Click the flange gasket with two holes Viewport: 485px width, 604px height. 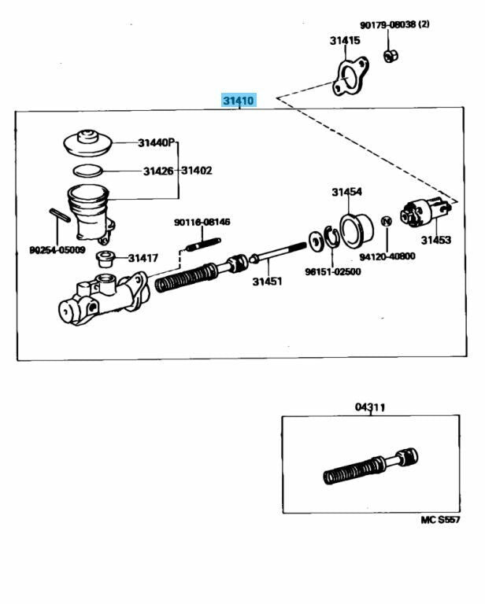[x=346, y=79]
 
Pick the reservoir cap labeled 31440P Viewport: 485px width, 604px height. [x=87, y=142]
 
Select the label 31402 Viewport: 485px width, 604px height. [x=197, y=171]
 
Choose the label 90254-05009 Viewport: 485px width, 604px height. [x=57, y=250]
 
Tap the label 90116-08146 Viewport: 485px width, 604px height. [x=202, y=223]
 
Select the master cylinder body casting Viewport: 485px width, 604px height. [x=102, y=294]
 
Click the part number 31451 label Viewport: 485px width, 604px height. [x=267, y=282]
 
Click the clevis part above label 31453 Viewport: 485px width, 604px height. [x=425, y=213]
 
